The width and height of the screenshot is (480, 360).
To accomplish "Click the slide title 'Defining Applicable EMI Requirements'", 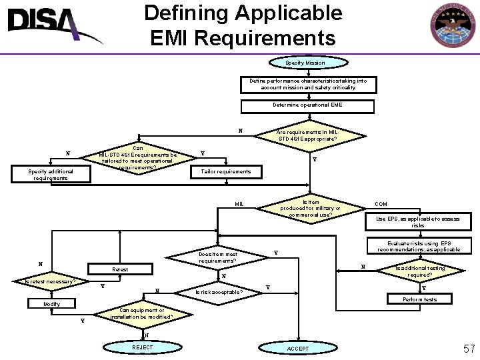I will coord(243,25).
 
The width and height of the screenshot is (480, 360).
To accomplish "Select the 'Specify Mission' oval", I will coord(305,63).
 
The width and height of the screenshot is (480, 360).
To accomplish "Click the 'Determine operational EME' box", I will coord(307,105).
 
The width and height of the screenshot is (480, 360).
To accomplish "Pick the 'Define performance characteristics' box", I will coord(307,85).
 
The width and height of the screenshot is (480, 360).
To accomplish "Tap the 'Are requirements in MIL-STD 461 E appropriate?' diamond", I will coord(307,136).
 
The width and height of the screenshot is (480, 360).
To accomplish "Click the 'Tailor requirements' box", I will coord(221,172).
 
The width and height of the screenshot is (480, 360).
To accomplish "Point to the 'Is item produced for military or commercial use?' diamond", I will coord(310,208).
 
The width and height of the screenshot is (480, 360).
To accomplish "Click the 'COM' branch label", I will coord(381,204).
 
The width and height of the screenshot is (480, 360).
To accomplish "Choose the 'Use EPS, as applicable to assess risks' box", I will coord(417,221).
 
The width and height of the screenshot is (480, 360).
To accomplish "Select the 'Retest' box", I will coord(121,270).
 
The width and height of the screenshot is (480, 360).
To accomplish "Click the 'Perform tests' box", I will coord(419,299).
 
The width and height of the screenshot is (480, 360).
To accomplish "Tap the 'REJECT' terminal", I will coord(143,348).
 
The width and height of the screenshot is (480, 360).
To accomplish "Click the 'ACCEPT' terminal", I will coord(297,349).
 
